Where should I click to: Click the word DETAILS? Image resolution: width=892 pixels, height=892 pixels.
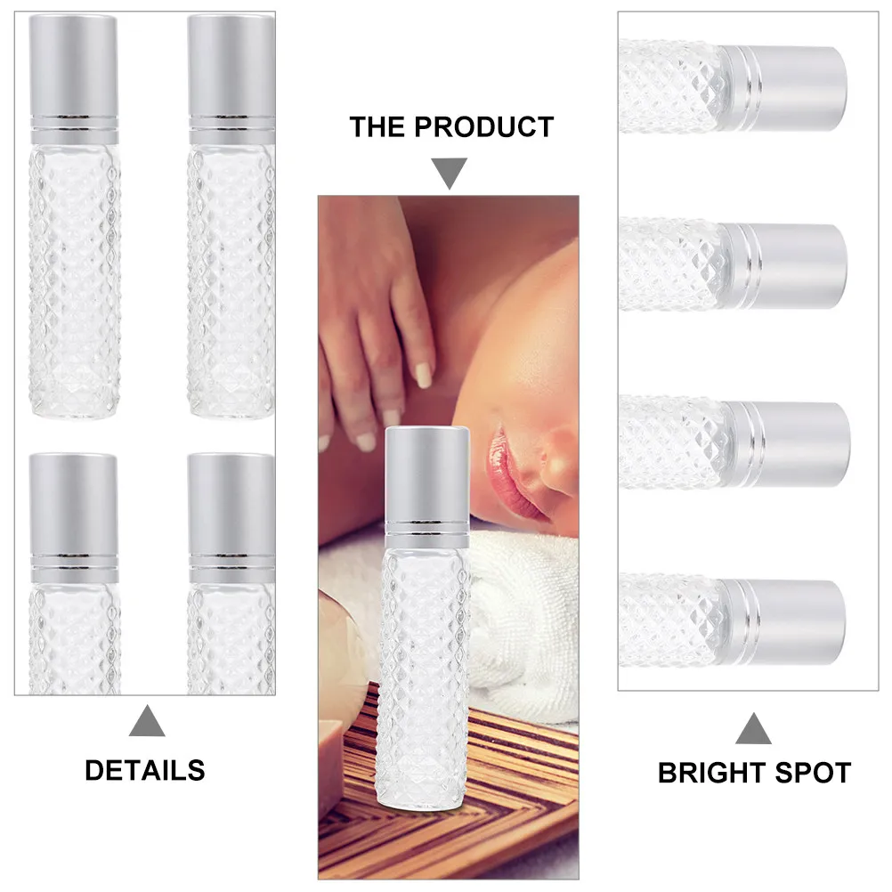[x=144, y=770]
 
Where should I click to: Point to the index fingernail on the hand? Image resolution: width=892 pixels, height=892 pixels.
[x=424, y=377]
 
